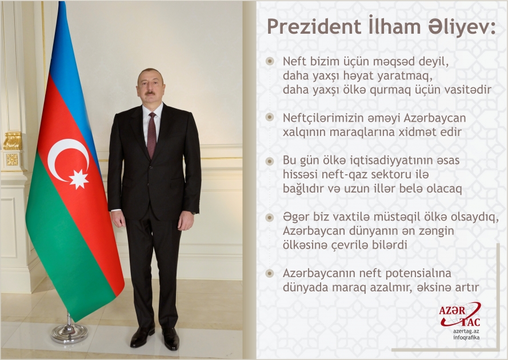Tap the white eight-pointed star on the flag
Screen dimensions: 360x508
[78, 178]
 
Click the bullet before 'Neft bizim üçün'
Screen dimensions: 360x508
[270, 61]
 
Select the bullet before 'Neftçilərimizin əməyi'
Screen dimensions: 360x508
[270, 118]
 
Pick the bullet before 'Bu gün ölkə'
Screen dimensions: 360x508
[270, 161]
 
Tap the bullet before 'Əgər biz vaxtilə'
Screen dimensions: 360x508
[270, 218]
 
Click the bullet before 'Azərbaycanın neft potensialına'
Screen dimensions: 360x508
[270, 273]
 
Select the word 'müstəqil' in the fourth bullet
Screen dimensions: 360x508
[382, 218]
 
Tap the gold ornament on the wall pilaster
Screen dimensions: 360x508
[13, 141]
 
